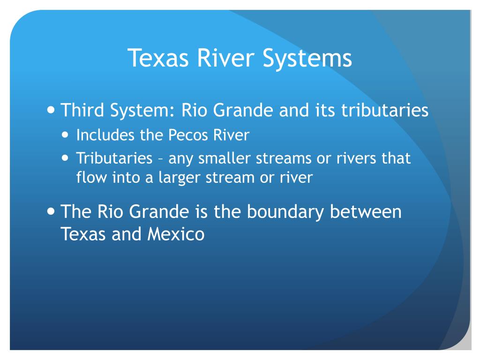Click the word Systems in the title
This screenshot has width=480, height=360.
(307, 58)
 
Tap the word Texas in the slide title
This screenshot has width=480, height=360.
(158, 58)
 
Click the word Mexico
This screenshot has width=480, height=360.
(176, 234)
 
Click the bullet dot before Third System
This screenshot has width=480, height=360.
(51, 109)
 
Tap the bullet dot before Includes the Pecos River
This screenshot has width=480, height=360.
(65, 135)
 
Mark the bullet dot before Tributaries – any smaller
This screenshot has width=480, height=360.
(65, 158)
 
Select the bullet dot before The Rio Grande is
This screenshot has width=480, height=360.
(51, 211)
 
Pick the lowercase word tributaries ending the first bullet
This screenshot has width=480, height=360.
(385, 110)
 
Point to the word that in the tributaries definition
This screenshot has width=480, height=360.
(396, 158)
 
